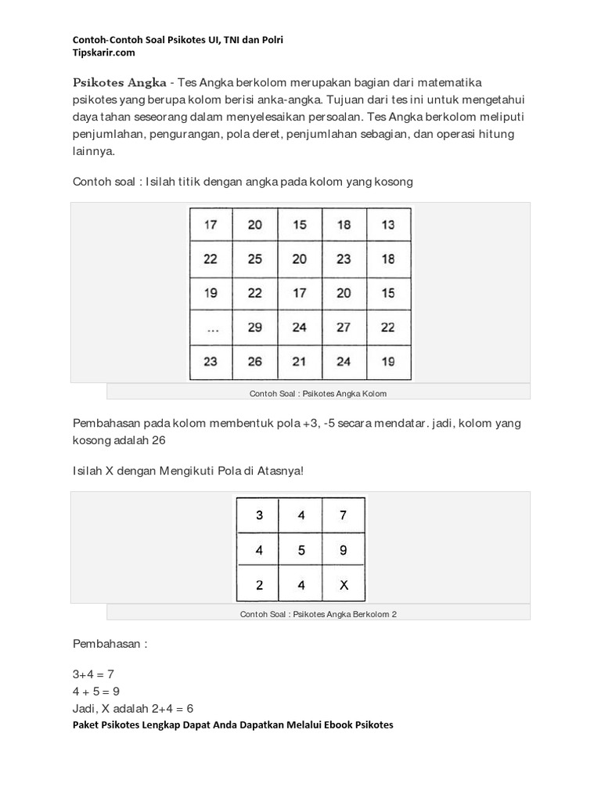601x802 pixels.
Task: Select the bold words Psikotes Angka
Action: [119, 82]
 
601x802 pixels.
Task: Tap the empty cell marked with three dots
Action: [211, 328]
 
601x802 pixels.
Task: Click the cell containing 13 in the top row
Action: [388, 225]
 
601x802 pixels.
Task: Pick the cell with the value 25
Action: [255, 259]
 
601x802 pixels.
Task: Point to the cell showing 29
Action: [255, 328]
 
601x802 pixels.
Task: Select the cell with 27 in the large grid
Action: [344, 328]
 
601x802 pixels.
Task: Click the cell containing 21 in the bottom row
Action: [300, 362]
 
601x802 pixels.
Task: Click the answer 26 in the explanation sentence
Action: [157, 440]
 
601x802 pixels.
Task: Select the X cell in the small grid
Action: [343, 585]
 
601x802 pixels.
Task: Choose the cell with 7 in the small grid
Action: [343, 516]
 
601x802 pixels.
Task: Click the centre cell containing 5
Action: [301, 551]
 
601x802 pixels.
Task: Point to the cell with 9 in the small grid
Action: [343, 551]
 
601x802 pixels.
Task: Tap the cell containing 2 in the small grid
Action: [260, 585]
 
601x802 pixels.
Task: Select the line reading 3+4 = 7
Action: [93, 674]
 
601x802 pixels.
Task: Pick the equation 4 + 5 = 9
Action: [96, 692]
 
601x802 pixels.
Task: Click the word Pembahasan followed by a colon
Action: [110, 644]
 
